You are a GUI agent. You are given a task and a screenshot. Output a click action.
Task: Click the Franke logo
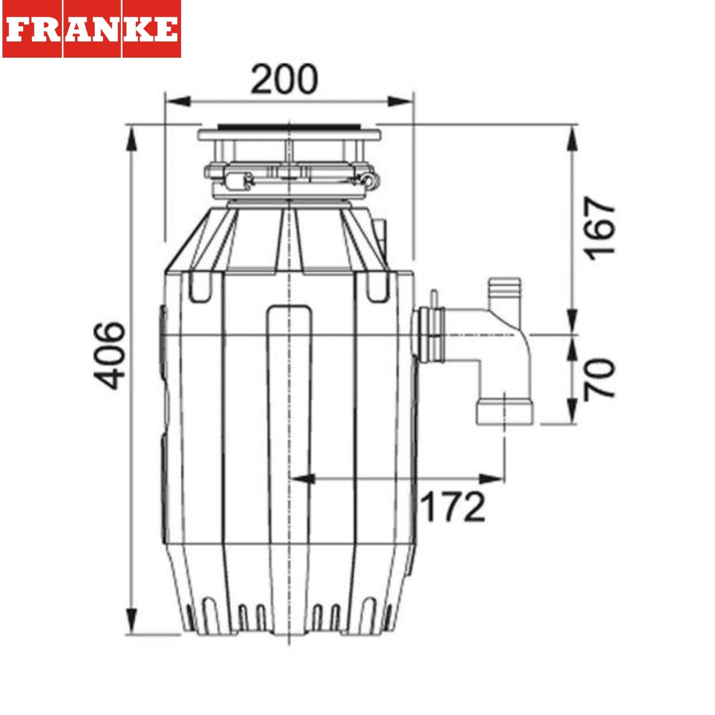(x=92, y=29)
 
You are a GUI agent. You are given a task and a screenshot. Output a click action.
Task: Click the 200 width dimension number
(x=284, y=79)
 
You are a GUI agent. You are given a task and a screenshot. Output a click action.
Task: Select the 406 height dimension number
(x=110, y=356)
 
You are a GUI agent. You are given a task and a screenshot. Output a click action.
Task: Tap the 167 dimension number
(x=600, y=228)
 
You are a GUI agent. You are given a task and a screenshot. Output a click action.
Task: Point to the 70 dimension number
(x=600, y=379)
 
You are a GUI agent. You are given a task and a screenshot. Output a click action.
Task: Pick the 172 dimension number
(x=453, y=507)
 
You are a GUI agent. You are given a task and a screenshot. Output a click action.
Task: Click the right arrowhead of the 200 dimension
(x=400, y=102)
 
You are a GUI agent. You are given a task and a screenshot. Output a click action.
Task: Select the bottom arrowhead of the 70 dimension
(x=572, y=412)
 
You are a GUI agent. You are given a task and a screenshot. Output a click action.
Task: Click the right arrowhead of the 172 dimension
(x=491, y=479)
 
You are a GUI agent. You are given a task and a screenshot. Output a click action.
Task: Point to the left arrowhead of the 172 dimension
(x=302, y=479)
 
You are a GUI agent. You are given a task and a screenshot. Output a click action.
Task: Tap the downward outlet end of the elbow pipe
(x=505, y=412)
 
